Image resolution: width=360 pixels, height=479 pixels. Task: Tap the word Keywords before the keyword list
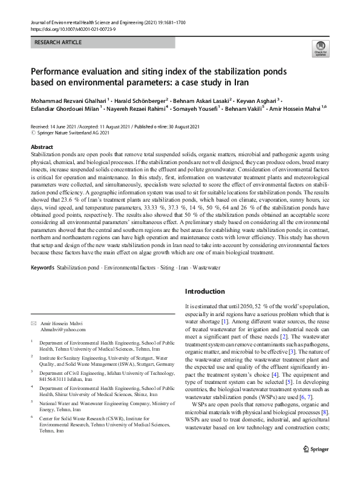pos(42,266)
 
